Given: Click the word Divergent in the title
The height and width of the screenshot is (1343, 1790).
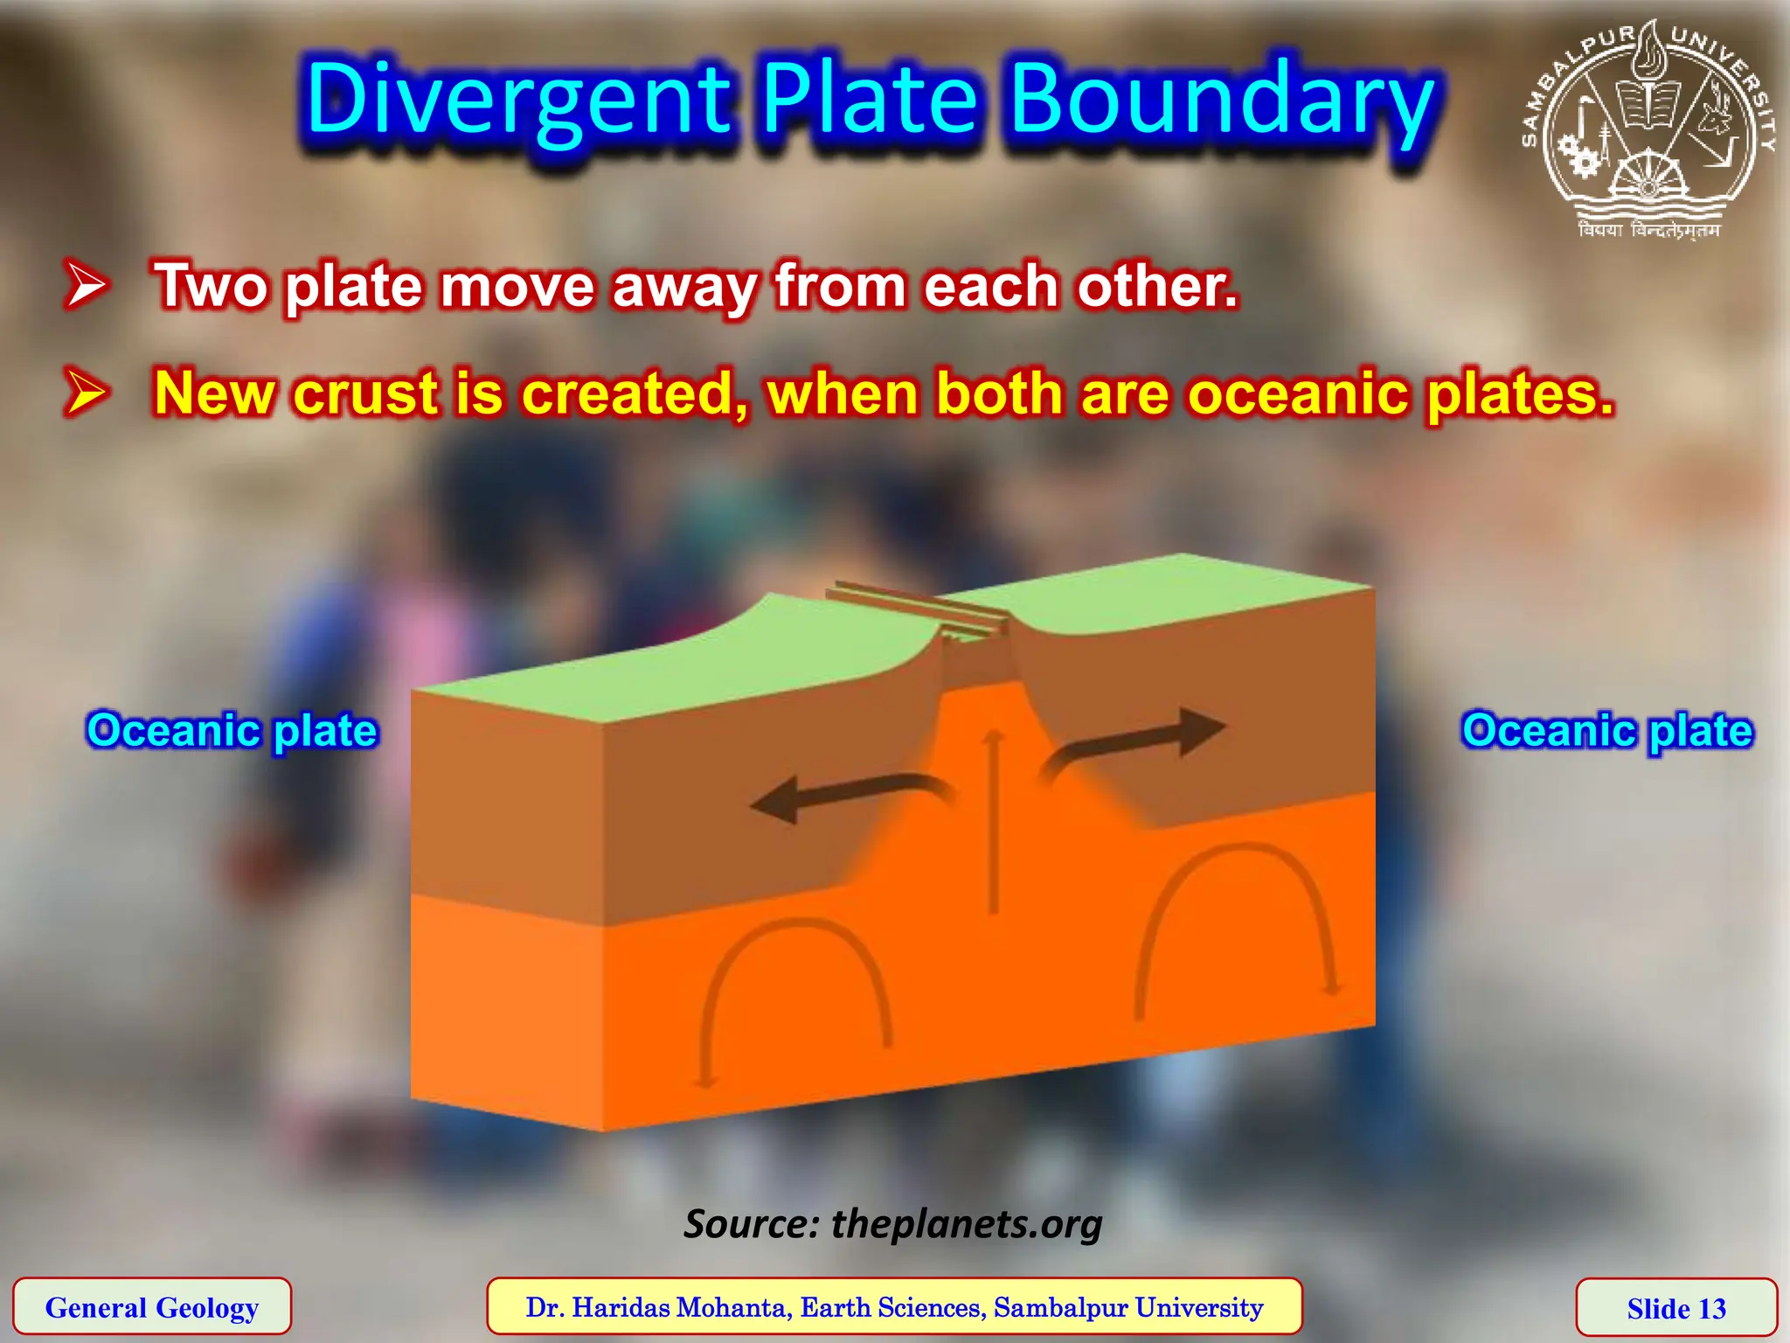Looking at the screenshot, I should [x=517, y=101].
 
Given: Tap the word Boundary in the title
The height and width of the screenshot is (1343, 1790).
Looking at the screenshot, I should [x=1222, y=101].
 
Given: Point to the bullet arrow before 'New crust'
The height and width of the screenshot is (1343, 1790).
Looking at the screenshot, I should [x=87, y=392].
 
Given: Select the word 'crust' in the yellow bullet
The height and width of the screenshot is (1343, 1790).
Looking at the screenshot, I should [x=365, y=393].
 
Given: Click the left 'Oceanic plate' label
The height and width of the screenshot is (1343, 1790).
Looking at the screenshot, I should [x=232, y=730].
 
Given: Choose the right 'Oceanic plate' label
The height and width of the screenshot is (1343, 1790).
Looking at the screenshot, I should [x=1607, y=730].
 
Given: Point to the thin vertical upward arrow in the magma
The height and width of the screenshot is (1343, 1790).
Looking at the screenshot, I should [x=993, y=822].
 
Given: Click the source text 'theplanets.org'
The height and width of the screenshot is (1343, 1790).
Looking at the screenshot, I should [x=966, y=1223].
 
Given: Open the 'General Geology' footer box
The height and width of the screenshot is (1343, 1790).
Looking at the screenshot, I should [x=152, y=1307].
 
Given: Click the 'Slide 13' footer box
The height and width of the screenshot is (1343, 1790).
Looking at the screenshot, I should [x=1676, y=1308].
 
